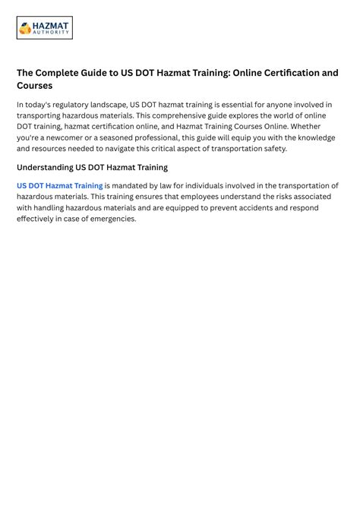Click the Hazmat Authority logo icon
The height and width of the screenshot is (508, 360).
25,28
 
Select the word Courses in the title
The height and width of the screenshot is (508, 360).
35,87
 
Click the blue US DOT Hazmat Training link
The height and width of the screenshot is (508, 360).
59,186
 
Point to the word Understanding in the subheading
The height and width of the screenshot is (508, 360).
45,168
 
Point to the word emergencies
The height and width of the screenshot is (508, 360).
110,219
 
